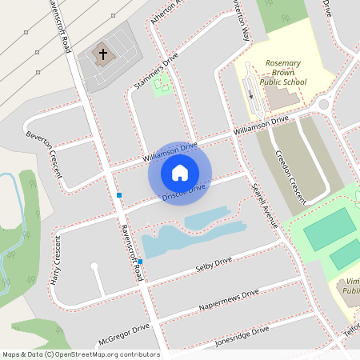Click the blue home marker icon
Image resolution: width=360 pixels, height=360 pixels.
coord(180,172)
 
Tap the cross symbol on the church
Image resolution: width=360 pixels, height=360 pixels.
coord(102,54)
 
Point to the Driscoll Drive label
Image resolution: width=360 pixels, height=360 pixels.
coord(184,191)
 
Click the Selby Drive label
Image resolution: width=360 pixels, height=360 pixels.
coord(212,263)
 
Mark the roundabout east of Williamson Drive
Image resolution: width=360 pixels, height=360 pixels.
coord(324,104)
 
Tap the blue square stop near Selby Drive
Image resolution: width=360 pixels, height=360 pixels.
coord(140,262)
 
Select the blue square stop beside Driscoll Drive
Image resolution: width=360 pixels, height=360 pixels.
coord(119,195)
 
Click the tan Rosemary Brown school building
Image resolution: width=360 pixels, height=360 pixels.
coord(281,97)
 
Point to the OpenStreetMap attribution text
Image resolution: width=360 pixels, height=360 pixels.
coord(81,354)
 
